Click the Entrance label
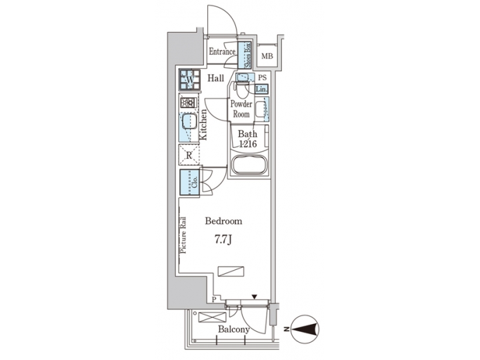[x=222, y=52]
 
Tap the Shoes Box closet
[x=247, y=55]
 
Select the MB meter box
[x=267, y=57]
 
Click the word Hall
[x=215, y=79]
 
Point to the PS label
[x=262, y=78]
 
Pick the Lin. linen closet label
[x=262, y=89]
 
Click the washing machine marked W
[x=189, y=81]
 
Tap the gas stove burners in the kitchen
[x=188, y=103]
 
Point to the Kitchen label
[x=204, y=124]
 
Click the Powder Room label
[x=241, y=109]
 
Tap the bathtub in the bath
[x=249, y=166]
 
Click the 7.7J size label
[x=223, y=240]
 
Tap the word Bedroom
[x=223, y=221]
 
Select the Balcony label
[x=233, y=329]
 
